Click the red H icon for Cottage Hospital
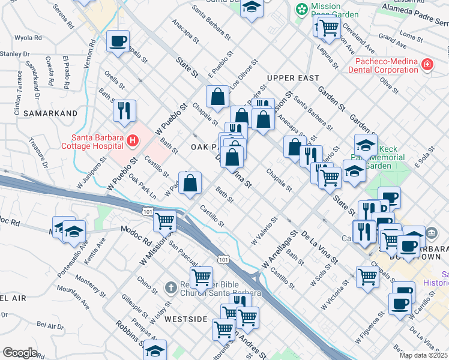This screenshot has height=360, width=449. coord(133,142)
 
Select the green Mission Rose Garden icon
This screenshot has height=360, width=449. coord(302,9)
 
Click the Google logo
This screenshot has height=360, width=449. coord(20,353)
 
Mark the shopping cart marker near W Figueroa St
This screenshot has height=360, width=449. coord(368,277)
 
